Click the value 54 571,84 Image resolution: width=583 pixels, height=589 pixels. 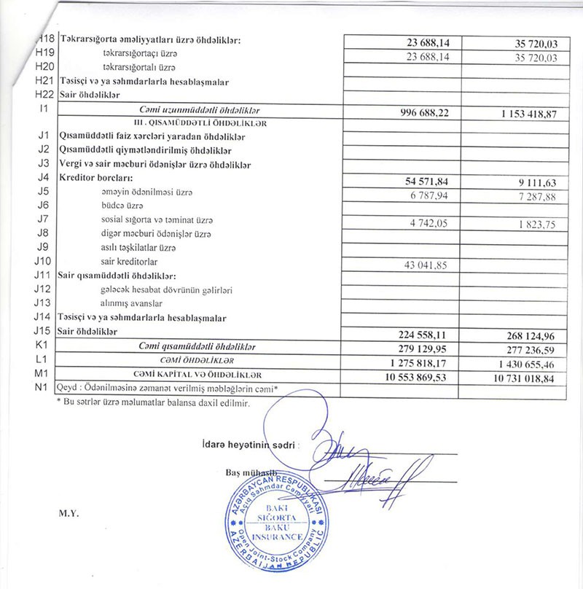[434, 180]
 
